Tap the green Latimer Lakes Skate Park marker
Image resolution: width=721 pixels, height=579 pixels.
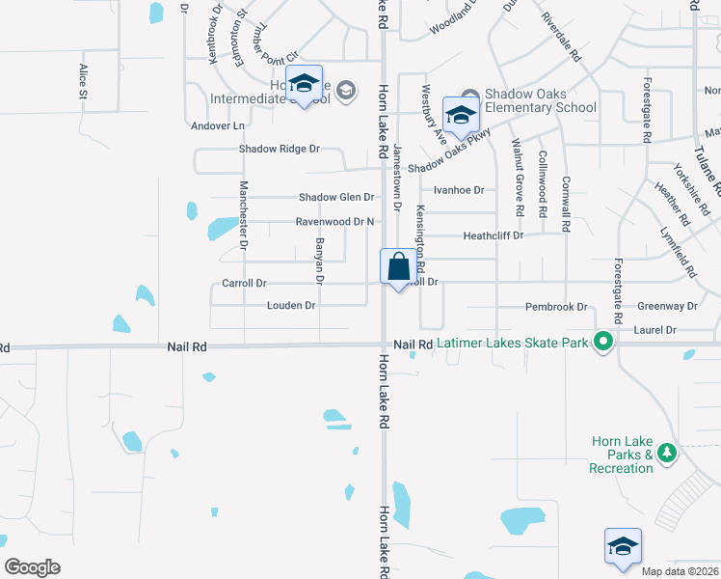pyautogui.click(x=603, y=342)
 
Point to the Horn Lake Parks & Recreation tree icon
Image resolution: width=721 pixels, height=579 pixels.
pyautogui.click(x=666, y=454)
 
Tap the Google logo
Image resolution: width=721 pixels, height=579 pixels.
pyautogui.click(x=32, y=567)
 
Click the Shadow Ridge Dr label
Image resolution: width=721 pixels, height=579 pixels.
pyautogui.click(x=279, y=149)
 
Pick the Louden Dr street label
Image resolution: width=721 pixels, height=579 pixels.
pyautogui.click(x=291, y=306)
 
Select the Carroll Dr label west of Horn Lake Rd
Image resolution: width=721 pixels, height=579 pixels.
pyautogui.click(x=244, y=284)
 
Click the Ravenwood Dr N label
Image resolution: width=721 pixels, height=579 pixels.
pyautogui.click(x=334, y=222)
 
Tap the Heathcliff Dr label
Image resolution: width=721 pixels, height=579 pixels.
pyautogui.click(x=493, y=235)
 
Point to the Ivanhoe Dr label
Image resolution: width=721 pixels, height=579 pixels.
pyautogui.click(x=458, y=190)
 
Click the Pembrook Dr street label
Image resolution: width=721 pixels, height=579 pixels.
pyautogui.click(x=556, y=307)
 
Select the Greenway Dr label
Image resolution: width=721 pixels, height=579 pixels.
pyautogui.click(x=667, y=306)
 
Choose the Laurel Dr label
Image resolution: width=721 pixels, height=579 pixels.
pyautogui.click(x=655, y=330)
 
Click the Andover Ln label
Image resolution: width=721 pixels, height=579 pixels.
pyautogui.click(x=218, y=125)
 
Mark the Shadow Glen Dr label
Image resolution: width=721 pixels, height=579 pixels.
pyautogui.click(x=335, y=197)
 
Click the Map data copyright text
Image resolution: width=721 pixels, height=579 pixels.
pyautogui.click(x=681, y=571)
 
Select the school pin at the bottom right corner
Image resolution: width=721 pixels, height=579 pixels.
pyautogui.click(x=623, y=546)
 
